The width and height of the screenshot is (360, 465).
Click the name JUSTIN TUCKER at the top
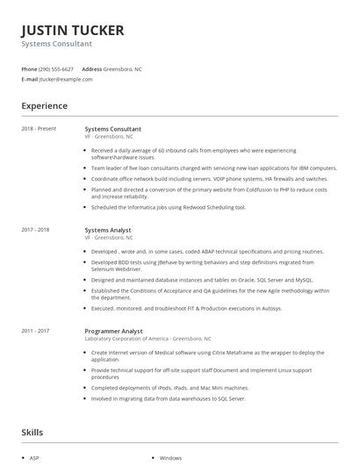(x=73, y=30)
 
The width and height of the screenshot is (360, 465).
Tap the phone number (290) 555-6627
(x=56, y=68)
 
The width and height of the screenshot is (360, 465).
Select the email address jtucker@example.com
(x=66, y=79)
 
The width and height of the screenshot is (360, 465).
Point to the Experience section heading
(x=44, y=106)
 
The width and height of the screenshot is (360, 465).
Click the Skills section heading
(x=32, y=433)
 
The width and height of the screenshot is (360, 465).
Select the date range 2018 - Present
(x=39, y=129)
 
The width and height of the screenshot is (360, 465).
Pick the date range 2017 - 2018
(x=36, y=230)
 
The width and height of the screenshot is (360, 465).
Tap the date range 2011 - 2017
(x=36, y=331)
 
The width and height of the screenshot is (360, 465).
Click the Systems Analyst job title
(x=109, y=230)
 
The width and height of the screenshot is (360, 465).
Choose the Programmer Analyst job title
(x=114, y=331)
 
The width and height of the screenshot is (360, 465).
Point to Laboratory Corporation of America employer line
(x=148, y=339)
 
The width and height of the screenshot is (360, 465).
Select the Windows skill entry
(x=170, y=457)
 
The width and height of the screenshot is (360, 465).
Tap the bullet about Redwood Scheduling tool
(x=168, y=207)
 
